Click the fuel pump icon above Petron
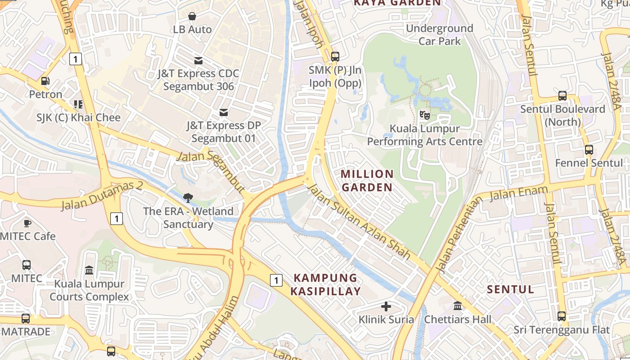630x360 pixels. pos(45,81)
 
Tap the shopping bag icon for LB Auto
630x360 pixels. pos(192,16)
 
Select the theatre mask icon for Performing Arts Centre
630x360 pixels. pos(424,115)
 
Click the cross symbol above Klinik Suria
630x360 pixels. pos(386,306)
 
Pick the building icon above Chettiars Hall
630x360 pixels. pos(458,306)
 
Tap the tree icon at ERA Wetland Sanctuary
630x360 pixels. pos(188,198)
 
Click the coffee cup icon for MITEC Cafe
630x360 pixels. pos(27,223)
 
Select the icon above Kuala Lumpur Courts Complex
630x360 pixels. pos(89,270)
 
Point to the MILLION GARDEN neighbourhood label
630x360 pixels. pos(367,180)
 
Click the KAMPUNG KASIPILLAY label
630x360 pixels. pos(325,284)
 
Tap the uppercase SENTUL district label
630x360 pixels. pos(510,289)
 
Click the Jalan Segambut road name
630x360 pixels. pos(211,171)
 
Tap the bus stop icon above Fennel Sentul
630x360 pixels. pos(589,149)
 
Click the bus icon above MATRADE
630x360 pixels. pos(26,319)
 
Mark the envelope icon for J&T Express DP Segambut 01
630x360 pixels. pos(224,112)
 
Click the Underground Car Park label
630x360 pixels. pos(440,35)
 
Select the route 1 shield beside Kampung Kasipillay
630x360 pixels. pos(276,280)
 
